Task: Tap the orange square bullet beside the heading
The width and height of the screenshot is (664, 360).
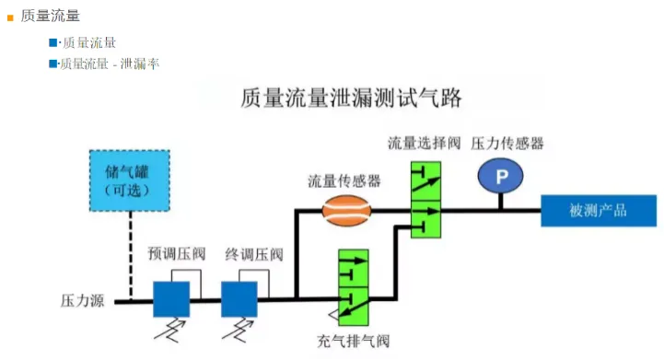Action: tap(10, 16)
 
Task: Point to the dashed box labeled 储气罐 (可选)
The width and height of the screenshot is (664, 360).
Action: tap(128, 179)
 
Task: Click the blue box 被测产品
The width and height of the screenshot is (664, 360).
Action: tap(598, 211)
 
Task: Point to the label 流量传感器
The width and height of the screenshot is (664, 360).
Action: tap(344, 181)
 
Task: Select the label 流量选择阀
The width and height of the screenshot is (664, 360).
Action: tap(424, 144)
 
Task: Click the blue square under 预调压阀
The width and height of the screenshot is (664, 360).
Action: tap(171, 298)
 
